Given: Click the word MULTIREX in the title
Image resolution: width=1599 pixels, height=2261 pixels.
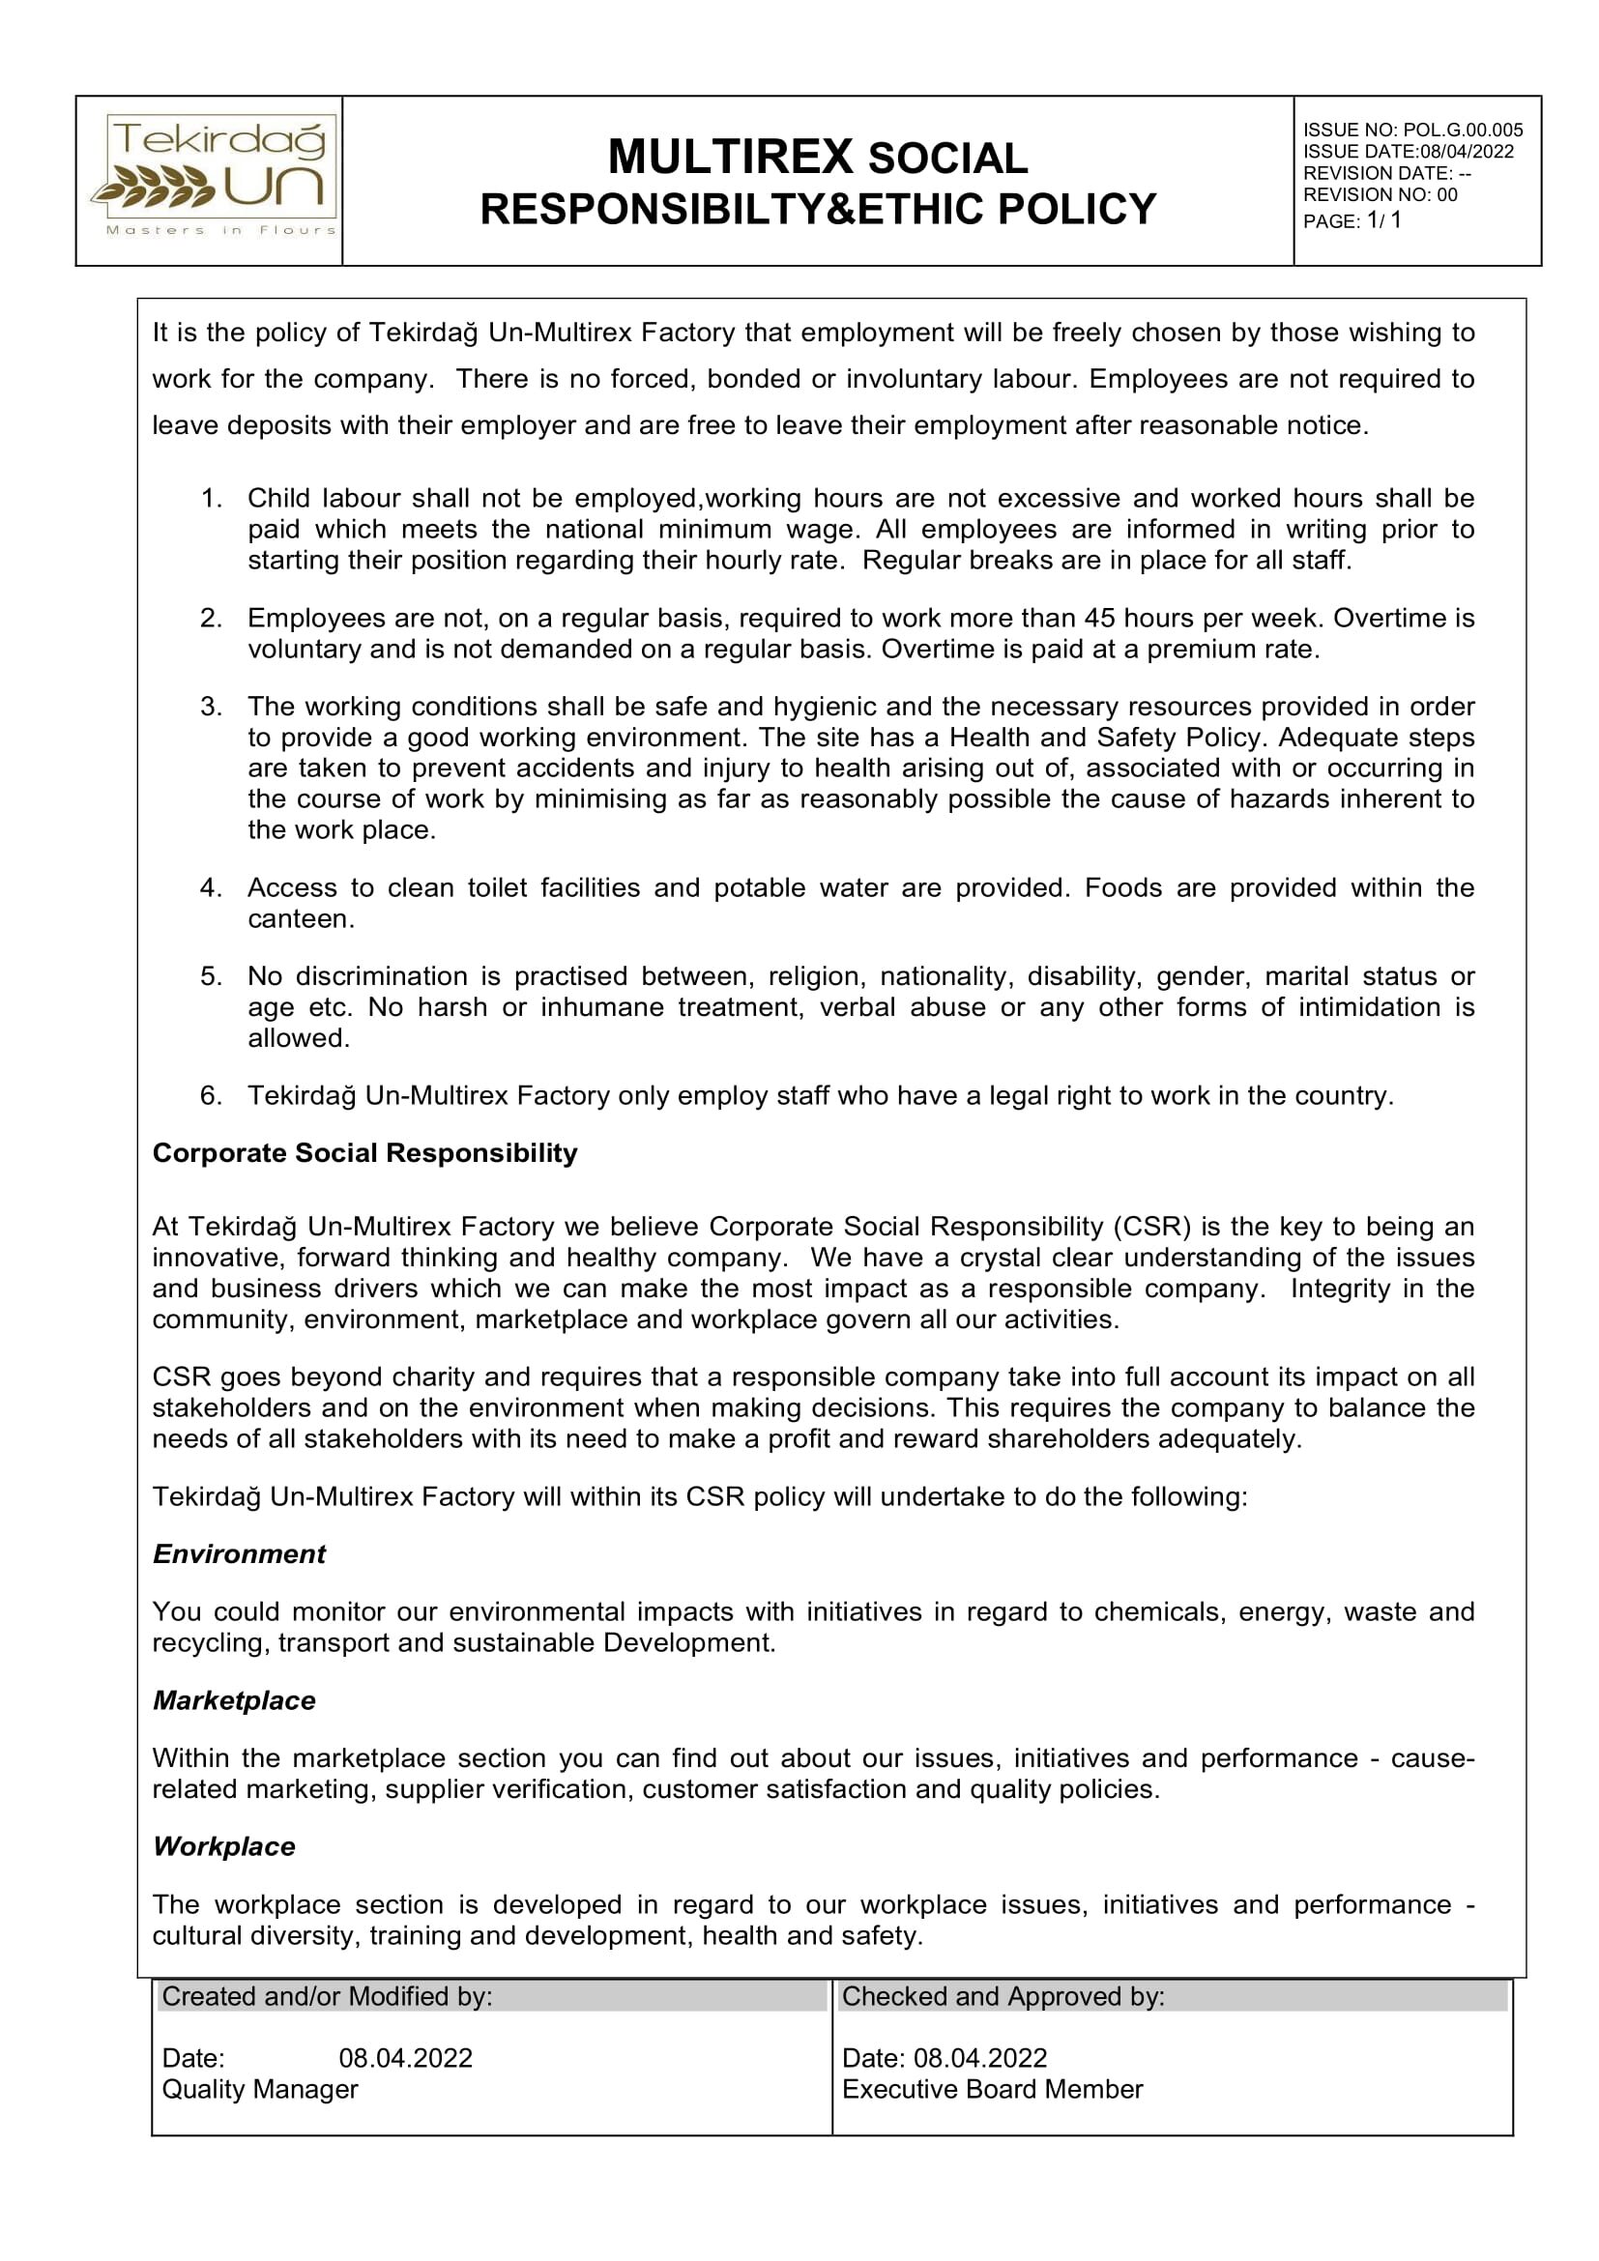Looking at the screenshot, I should [x=730, y=157].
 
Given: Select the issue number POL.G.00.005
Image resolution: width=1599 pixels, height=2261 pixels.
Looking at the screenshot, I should [x=1462, y=130].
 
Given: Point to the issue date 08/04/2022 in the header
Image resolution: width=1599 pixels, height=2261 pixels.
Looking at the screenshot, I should [x=1467, y=152].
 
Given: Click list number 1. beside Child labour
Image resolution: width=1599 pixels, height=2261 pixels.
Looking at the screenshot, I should [x=212, y=498].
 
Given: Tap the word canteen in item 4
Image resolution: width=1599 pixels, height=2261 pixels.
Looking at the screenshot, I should [x=300, y=918].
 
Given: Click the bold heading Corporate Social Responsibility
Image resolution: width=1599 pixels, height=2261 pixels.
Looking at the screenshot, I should [x=364, y=1153].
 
